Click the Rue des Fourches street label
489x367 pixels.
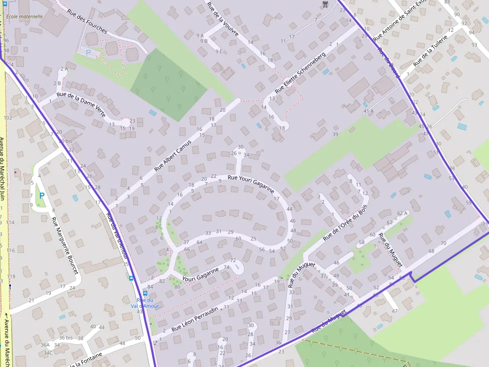pos(87,22)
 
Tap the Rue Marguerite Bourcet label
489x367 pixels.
pos(65,245)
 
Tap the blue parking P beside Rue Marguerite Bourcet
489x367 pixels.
pos(42,196)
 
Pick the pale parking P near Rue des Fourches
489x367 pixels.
pos(88,52)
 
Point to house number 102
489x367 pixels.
pos(7,118)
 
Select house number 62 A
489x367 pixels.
pos(402,213)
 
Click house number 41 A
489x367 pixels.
pos(368,111)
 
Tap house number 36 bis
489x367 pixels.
pos(66,338)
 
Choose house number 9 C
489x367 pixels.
pos(219,51)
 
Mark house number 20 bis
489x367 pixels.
pos(65,141)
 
